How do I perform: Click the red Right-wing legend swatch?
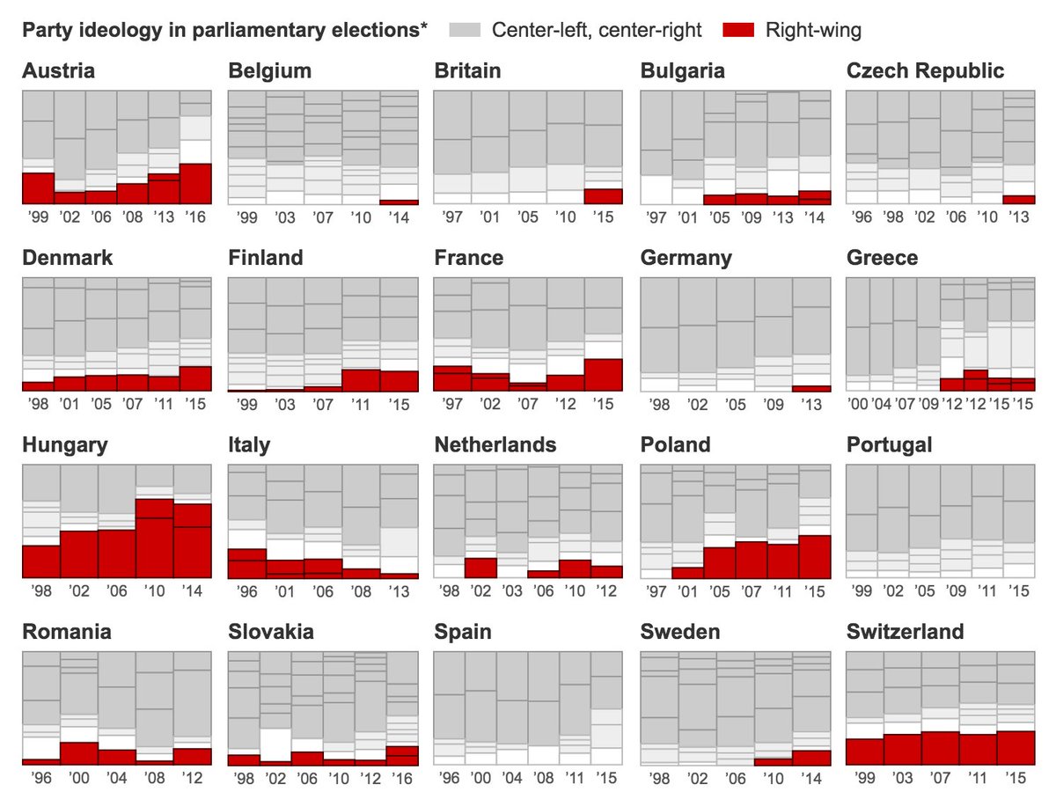click(x=739, y=31)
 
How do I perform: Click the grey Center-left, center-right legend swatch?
click(x=466, y=31)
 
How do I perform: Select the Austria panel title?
click(x=58, y=71)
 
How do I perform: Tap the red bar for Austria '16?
click(x=194, y=184)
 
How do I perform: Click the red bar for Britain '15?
click(x=603, y=196)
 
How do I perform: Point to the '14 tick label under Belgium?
click(x=399, y=217)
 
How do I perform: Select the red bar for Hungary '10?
click(x=154, y=538)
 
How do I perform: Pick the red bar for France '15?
click(x=603, y=375)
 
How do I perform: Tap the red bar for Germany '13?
click(x=810, y=388)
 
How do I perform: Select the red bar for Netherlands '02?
click(x=480, y=568)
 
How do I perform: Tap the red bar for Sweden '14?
click(x=810, y=758)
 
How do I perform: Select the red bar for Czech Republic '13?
click(x=1019, y=200)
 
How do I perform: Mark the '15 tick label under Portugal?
click(x=1018, y=590)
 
